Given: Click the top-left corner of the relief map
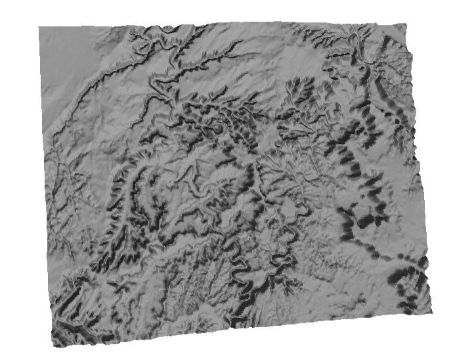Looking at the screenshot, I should tap(39, 28).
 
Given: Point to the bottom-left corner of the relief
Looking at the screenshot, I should tap(53, 345).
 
